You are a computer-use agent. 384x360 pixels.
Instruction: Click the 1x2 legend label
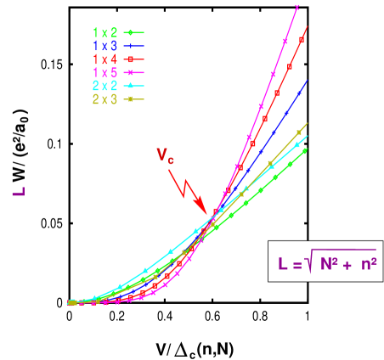pos(105,33)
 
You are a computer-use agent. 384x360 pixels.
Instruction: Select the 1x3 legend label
pos(105,46)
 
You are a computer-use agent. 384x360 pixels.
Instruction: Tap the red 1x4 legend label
pos(105,59)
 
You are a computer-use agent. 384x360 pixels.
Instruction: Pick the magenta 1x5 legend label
pos(105,73)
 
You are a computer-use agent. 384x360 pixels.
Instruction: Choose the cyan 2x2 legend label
pos(105,87)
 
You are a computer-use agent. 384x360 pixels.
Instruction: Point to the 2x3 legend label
pos(105,99)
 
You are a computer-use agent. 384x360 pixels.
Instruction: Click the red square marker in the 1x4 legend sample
pos(133,59)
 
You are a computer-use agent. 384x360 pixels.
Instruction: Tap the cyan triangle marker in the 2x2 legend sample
pos(133,87)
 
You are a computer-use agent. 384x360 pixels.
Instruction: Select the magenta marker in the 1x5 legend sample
pos(133,73)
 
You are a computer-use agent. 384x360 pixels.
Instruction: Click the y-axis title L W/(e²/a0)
pos(17,159)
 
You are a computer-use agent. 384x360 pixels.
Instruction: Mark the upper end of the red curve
pos(307,28)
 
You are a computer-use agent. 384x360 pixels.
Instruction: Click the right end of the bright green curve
pos(306,150)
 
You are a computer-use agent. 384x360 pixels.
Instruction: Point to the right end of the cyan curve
pos(307,136)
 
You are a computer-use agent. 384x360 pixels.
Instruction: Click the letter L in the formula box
pos(282,265)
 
